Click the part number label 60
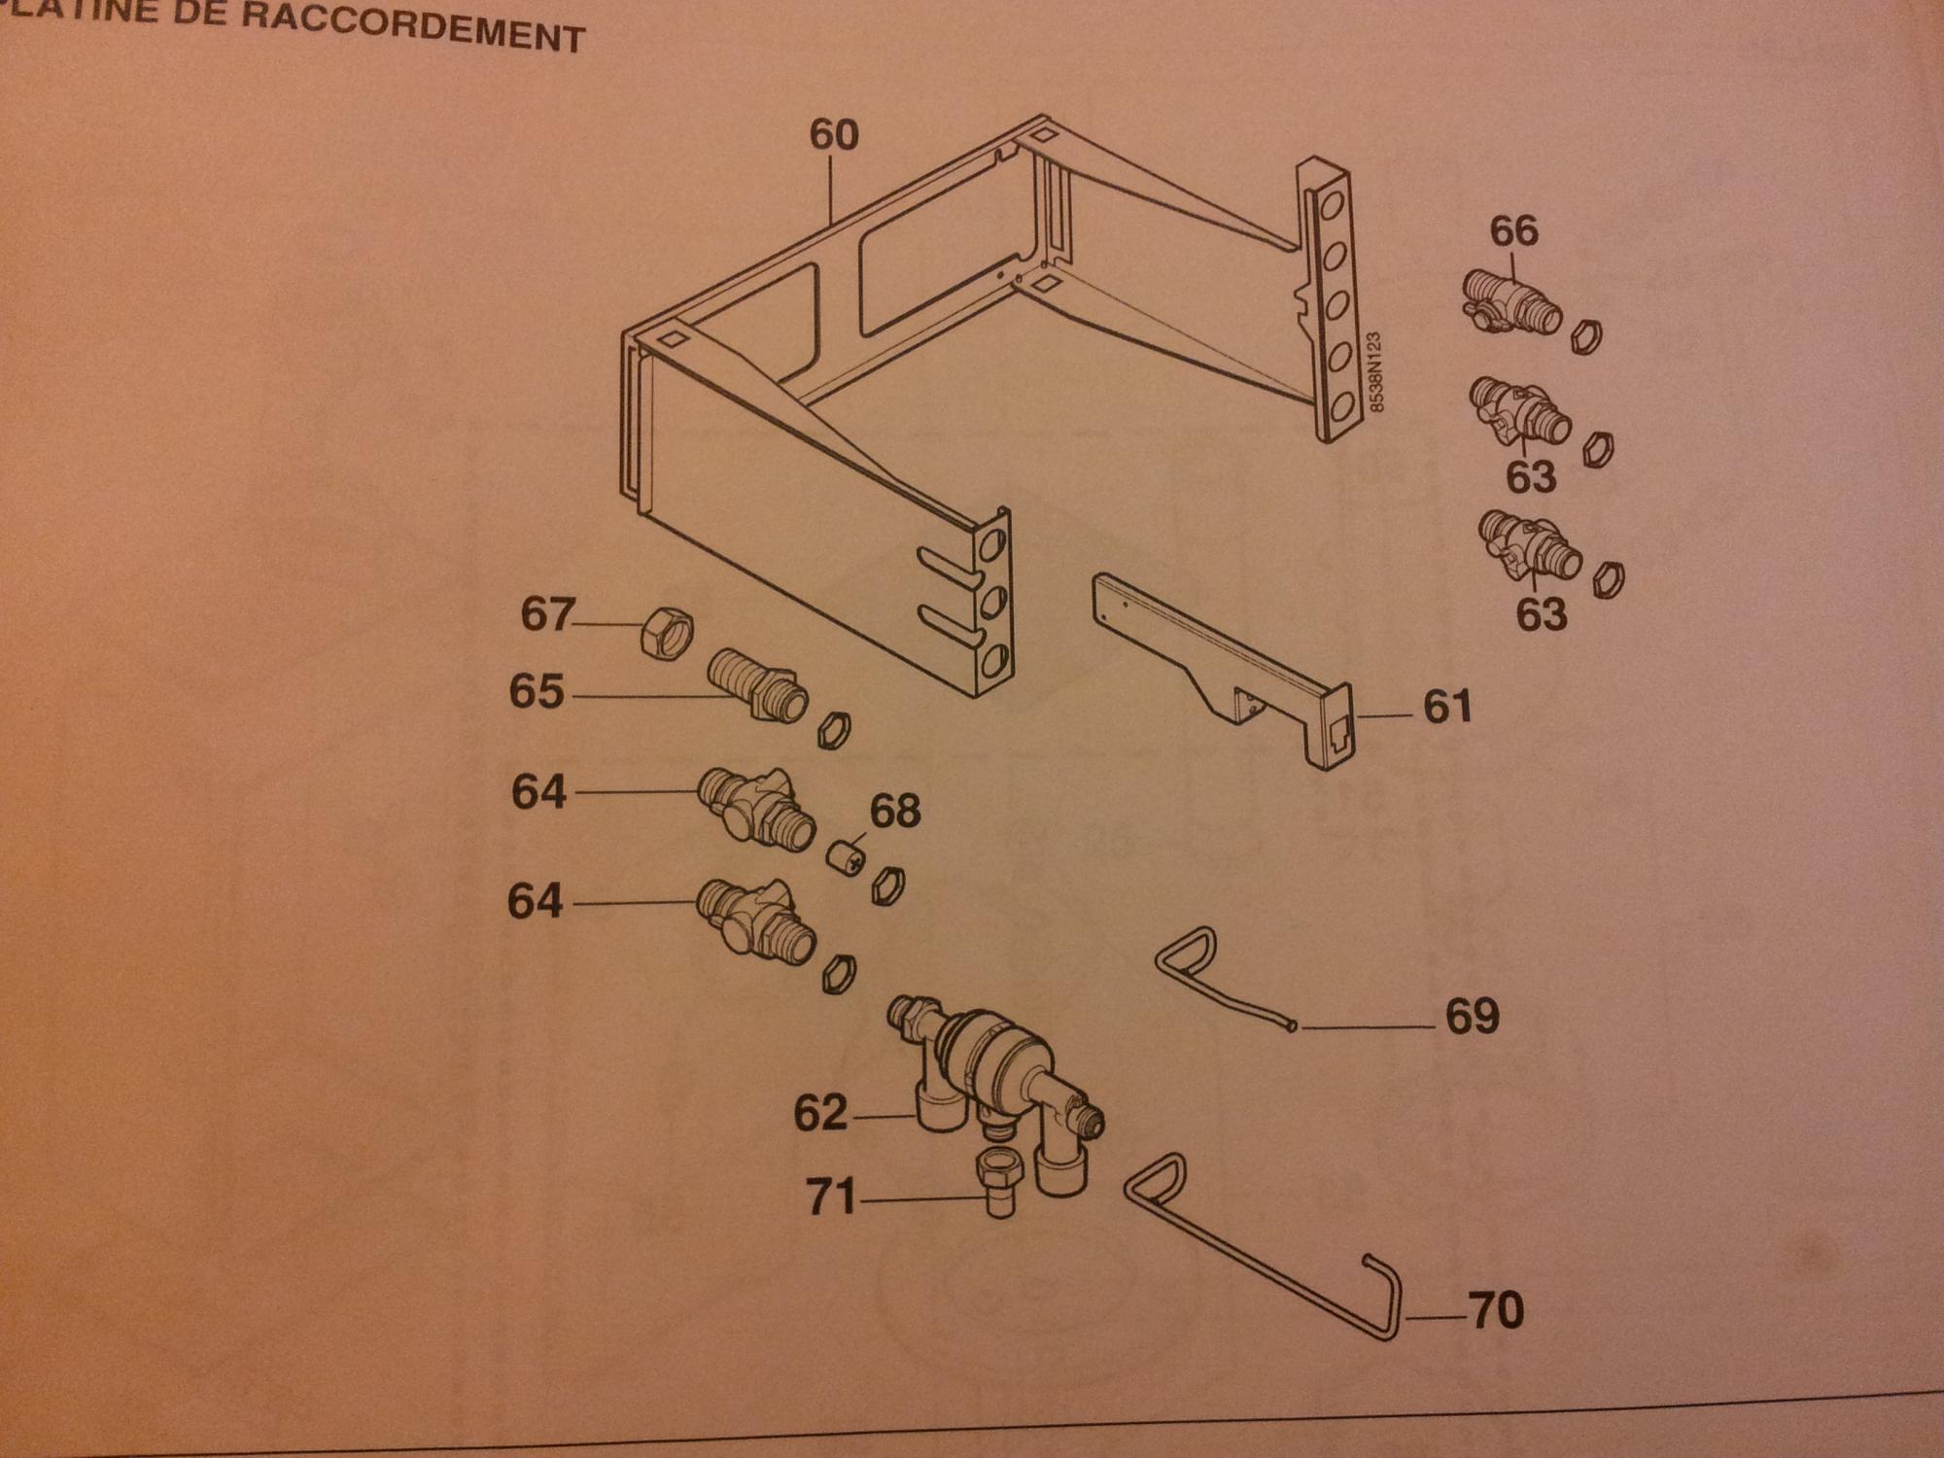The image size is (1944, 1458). (834, 135)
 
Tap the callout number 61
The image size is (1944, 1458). (1447, 707)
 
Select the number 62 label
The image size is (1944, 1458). (820, 1113)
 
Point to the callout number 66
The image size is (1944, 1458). (1514, 231)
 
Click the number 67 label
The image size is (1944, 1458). (547, 614)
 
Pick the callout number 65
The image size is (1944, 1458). (537, 692)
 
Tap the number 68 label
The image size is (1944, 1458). (894, 811)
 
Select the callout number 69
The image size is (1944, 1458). (1472, 1017)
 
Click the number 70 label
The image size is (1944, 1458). (1496, 1311)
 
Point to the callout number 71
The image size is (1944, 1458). (831, 1197)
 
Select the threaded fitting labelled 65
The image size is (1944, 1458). (757, 686)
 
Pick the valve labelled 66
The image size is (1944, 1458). (1510, 303)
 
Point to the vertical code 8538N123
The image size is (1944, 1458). (1374, 372)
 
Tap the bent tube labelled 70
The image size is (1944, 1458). (1263, 1253)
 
